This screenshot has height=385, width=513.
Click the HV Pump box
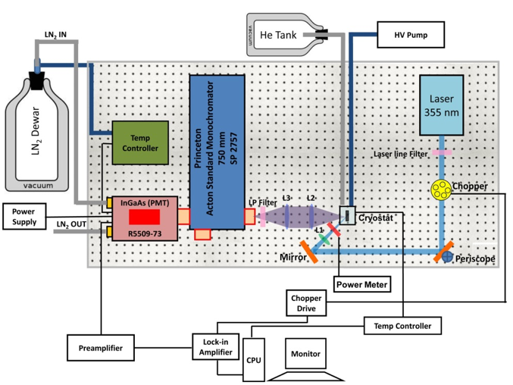tap(409, 34)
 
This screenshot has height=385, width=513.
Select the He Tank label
tap(277, 34)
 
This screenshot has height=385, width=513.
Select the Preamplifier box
tap(100, 348)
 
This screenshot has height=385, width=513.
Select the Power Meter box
tap(361, 285)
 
